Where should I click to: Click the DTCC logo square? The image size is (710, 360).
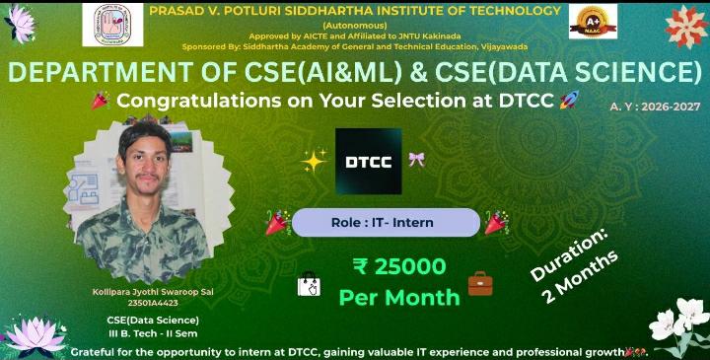click(369, 160)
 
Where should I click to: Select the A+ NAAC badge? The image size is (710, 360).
click(593, 23)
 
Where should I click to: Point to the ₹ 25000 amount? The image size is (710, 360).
click(398, 265)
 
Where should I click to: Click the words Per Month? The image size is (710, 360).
click(398, 296)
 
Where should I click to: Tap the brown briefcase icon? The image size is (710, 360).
click(480, 284)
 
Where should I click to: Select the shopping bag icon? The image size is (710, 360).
click(309, 285)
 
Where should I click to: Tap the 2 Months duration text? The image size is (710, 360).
click(590, 280)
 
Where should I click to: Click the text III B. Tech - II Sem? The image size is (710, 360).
click(152, 332)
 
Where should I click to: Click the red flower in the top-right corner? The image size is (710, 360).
click(686, 22)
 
